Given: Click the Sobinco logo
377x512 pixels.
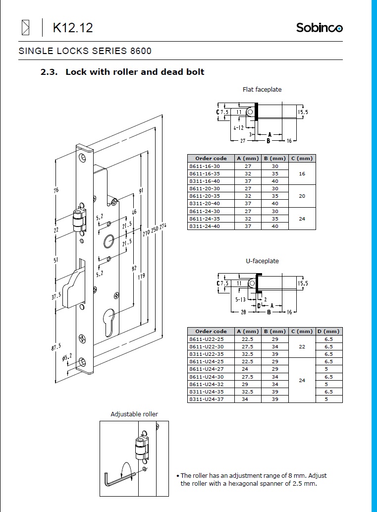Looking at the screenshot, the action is tap(319, 27).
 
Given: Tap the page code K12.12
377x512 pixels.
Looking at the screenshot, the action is tap(73, 28).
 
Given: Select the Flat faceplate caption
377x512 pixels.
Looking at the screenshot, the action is tap(262, 90).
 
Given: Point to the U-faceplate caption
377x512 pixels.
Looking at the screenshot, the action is tap(262, 261).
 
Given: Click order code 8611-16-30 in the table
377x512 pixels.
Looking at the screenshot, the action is tap(205, 166).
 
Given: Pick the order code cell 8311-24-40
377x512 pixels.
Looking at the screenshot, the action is tap(205, 227).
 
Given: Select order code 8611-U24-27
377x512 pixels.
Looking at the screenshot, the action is tap(206, 369).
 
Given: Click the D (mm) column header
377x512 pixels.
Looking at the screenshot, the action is tap(328, 332).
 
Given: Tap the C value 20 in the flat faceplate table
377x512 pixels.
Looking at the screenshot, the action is tap(302, 196).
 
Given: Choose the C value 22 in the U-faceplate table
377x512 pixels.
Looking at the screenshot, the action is tap(302, 346).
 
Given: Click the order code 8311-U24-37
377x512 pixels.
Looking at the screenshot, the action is tap(206, 399).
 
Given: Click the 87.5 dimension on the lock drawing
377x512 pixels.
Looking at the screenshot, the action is tap(56, 347).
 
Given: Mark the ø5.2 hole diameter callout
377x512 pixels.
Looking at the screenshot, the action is tap(67, 357).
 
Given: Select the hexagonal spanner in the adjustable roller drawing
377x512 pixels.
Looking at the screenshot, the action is tap(119, 479).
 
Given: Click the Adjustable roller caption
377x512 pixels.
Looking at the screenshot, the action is tap(134, 414).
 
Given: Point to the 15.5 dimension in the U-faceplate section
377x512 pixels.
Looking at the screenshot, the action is tap(303, 284).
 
